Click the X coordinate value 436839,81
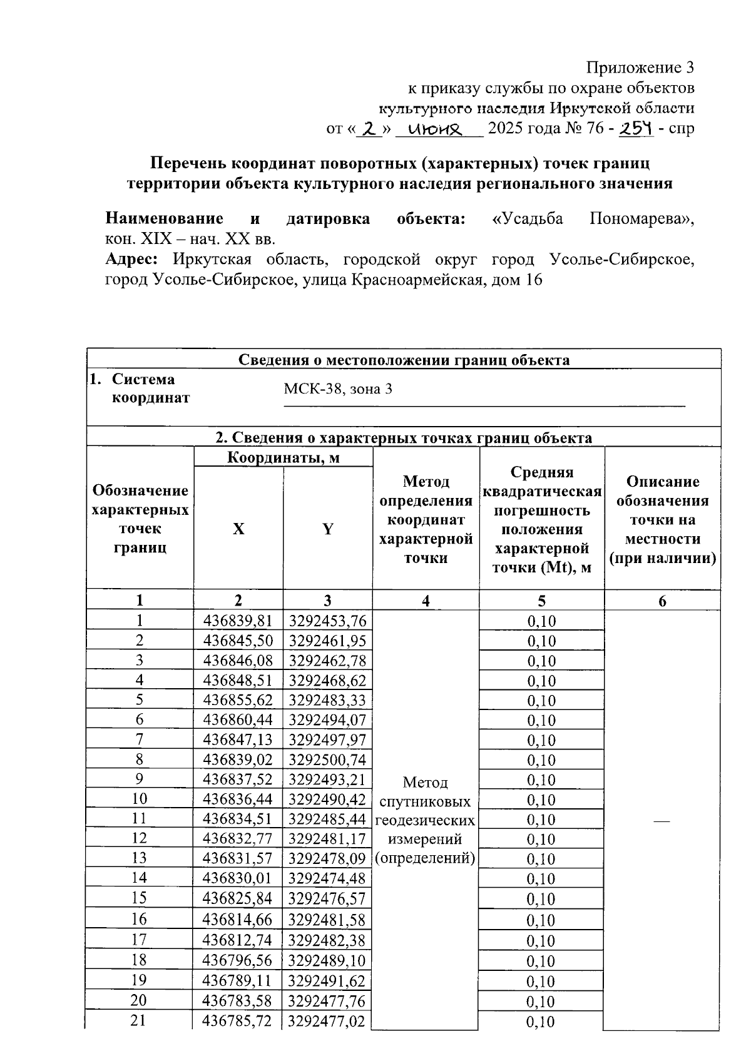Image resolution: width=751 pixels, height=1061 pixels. coord(238,621)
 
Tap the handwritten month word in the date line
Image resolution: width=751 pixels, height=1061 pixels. coord(434,129)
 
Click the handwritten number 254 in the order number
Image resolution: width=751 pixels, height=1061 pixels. coord(635,129)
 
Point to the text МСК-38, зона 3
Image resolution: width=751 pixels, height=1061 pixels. coord(338,389)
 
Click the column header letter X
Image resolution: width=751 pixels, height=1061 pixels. coord(238,529)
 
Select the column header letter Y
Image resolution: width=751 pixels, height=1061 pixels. coord(327,529)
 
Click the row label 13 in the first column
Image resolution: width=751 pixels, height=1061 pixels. coord(139,858)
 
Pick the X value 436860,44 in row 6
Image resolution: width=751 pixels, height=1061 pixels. coord(238,720)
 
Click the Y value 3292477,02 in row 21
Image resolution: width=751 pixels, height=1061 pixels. coord(327,1021)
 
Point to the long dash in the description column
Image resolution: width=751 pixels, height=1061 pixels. coord(662,820)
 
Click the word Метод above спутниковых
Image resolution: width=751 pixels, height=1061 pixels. coord(425,782)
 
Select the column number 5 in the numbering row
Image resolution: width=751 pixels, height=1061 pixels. coord(541,601)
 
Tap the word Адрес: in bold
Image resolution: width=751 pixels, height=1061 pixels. coord(131,259)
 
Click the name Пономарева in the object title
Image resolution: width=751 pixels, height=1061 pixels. coord(641,219)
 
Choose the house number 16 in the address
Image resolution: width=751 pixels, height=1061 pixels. coord(533,280)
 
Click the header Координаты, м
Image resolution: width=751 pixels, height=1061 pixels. coord(283,457)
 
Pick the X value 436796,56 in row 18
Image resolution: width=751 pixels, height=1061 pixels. coord(238,960)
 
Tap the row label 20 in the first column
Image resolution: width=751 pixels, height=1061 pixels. coord(139,1000)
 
